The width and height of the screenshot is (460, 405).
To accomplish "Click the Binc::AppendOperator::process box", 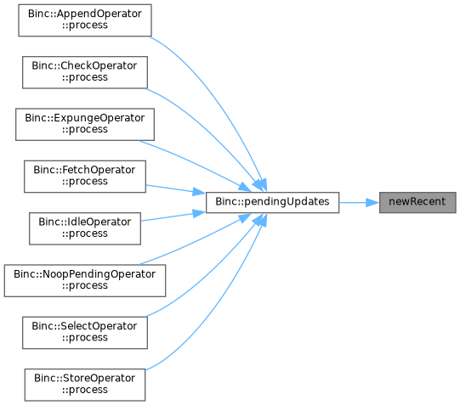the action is (85, 20).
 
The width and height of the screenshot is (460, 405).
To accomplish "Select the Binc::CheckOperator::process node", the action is (85, 72).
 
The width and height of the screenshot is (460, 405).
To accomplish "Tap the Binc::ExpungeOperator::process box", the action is (85, 125).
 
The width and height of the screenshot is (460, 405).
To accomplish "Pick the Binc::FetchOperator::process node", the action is (85, 177).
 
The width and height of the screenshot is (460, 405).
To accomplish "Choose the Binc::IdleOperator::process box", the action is (85, 228).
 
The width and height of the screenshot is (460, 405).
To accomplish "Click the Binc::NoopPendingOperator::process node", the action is (85, 280).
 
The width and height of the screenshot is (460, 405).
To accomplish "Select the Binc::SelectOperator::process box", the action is (85, 333).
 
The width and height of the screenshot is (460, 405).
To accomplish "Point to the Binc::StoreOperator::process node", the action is (85, 385).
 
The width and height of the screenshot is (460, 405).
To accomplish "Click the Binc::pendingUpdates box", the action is (273, 202).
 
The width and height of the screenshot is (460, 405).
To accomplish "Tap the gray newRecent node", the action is (417, 202).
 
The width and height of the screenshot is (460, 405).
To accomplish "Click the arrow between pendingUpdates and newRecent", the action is (359, 202).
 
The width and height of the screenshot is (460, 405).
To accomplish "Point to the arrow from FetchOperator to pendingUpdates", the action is (175, 189).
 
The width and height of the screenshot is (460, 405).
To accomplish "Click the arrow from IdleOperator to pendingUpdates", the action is (173, 217).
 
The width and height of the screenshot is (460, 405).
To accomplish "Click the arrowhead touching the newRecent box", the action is (372, 202).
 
